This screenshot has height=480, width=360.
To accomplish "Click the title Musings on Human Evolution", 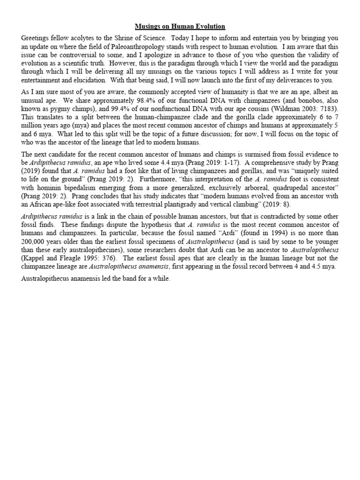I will (x=180, y=27).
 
